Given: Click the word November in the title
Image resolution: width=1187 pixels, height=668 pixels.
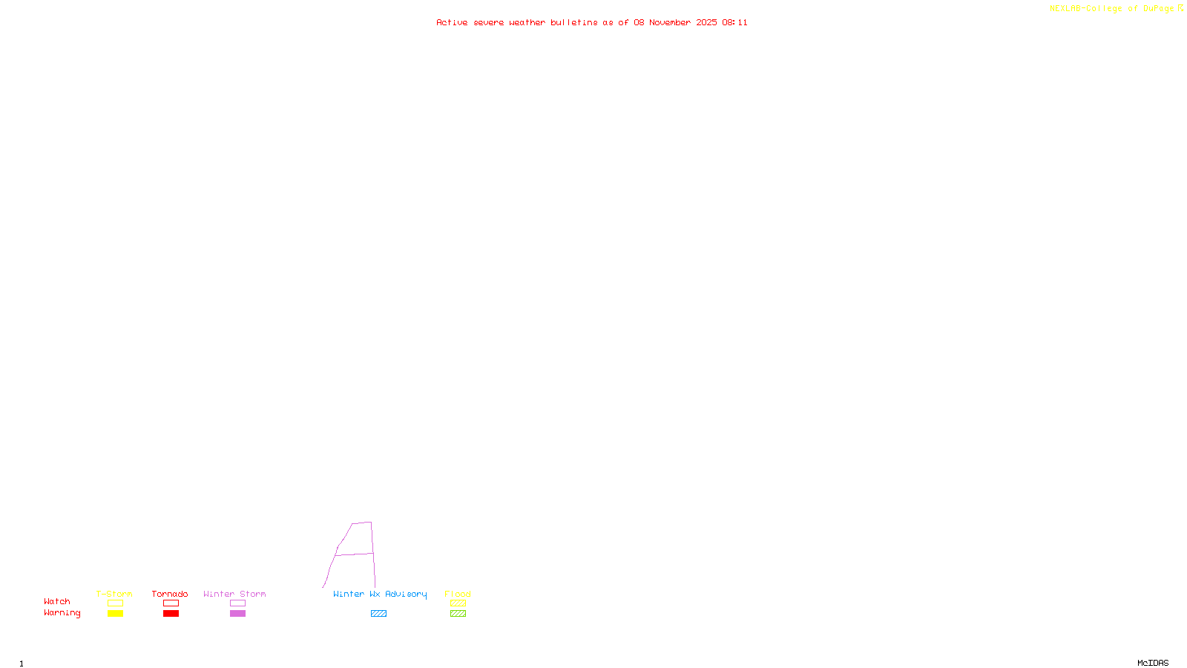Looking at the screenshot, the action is point(670,22).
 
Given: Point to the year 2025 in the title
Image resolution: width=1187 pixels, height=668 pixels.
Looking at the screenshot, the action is point(706,22).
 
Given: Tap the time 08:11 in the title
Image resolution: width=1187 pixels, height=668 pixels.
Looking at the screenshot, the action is point(734,22).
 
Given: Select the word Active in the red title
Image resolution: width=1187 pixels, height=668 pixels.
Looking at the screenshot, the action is point(452,22).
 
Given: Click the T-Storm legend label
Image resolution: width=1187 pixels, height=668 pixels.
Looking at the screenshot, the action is point(114,594).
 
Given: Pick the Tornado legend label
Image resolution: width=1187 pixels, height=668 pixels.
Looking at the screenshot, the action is point(170,594).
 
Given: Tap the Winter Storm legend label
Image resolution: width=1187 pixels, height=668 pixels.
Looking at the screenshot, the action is point(234,594).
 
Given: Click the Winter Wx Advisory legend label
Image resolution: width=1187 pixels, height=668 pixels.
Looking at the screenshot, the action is point(380,594).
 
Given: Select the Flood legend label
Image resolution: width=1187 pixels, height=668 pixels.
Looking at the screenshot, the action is point(458,594).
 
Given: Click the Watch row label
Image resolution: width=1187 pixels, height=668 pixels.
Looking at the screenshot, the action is point(57,601).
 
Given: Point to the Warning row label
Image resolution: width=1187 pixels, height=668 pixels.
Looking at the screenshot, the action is point(62,613).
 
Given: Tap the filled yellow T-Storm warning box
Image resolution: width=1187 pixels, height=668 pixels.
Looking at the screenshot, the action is point(115,614).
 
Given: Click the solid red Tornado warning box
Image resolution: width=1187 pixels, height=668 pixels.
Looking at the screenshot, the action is point(171,614).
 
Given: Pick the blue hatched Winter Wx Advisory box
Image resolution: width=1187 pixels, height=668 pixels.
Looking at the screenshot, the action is point(378,614).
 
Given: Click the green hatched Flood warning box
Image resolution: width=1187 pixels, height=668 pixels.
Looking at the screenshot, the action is point(458,614).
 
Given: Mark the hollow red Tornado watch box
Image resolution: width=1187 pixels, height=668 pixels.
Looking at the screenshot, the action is point(171,603).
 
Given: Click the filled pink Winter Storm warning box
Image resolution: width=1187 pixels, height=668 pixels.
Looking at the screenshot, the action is point(237,614).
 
